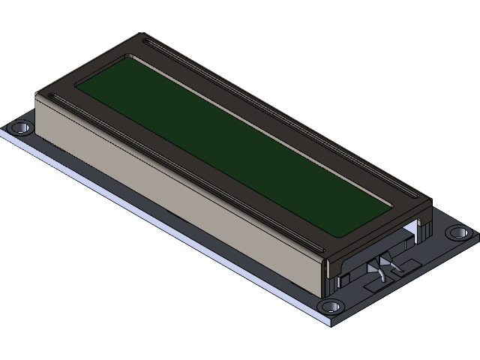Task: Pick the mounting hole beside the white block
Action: (455, 233)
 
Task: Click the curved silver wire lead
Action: (380, 275)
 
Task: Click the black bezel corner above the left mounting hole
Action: (40, 93)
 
